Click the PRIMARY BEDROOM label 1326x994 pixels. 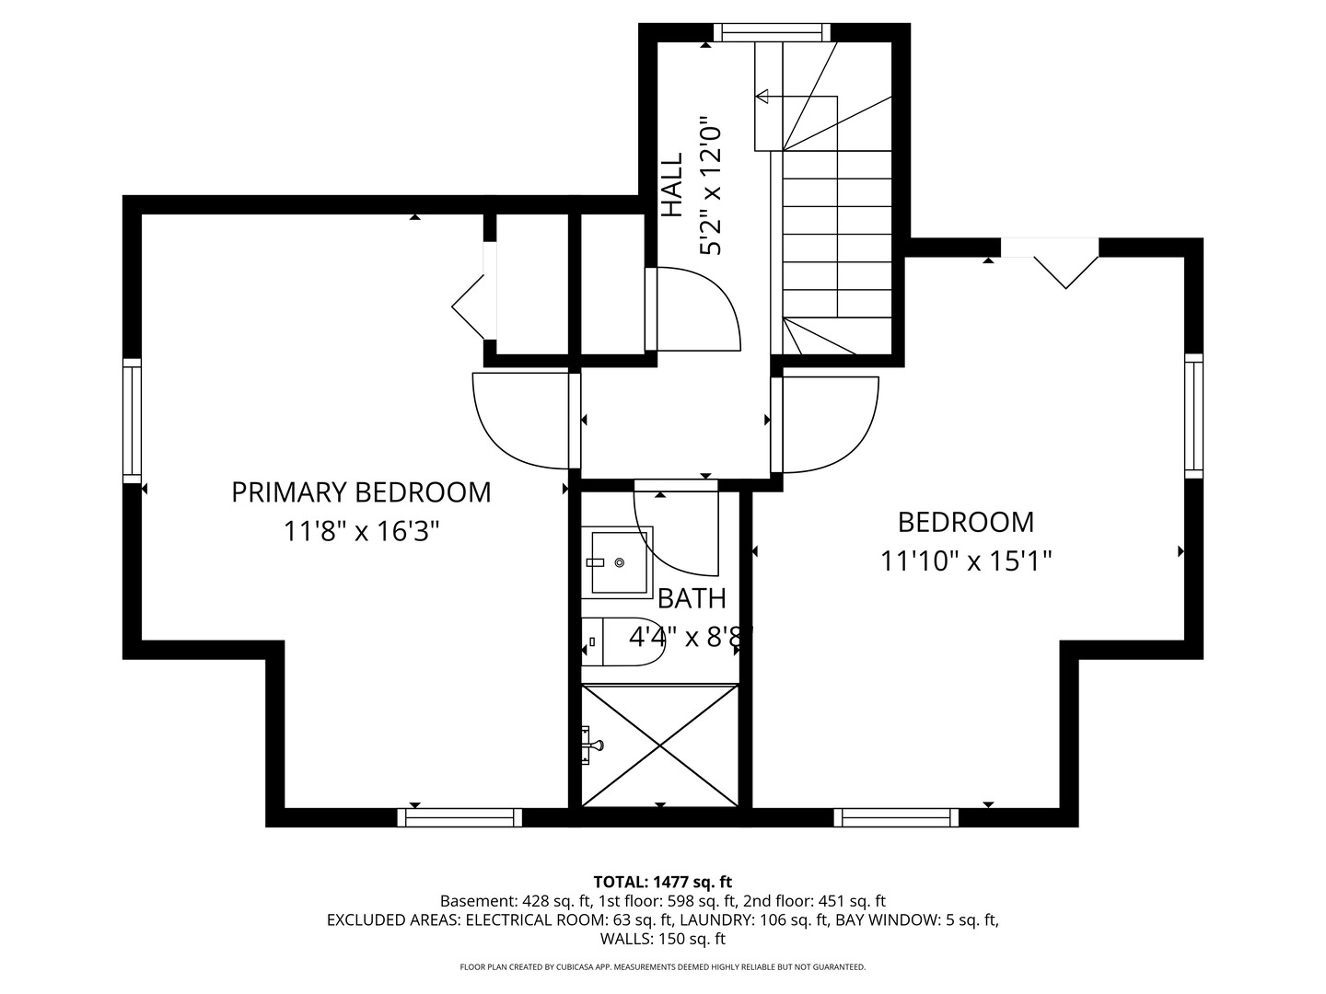360,492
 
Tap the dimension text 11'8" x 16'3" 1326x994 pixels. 360,532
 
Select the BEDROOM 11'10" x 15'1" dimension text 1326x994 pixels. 966,561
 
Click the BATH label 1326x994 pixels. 692,599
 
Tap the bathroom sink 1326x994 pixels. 618,561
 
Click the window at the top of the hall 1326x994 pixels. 771,33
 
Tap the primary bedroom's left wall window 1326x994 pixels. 133,420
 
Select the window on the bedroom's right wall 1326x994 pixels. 1193,415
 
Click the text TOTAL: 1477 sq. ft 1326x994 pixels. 662,882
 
